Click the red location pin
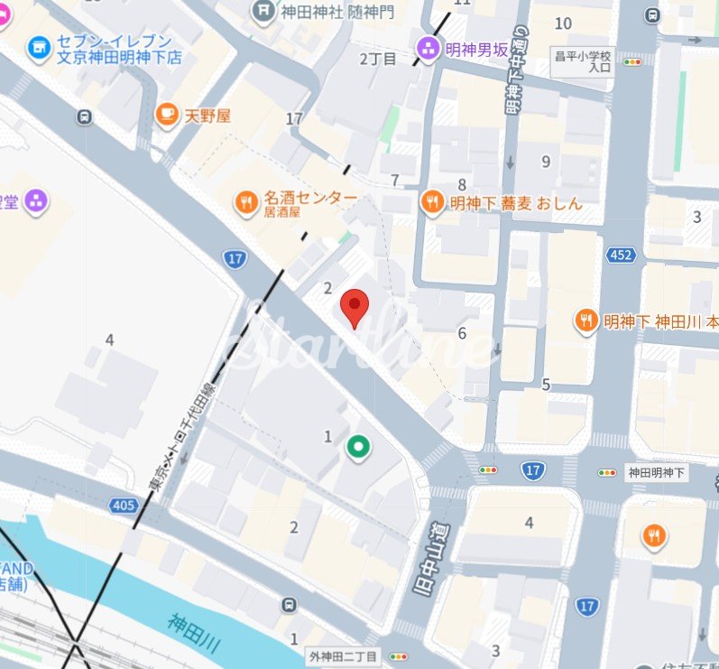point(355,307)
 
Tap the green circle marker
point(359,446)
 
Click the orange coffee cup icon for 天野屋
point(166,114)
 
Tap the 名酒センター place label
point(309,198)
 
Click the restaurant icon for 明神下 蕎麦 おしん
point(432,202)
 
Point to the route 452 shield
point(621,256)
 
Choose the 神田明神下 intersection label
point(657,471)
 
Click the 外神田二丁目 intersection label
point(342,656)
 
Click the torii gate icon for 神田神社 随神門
point(263,12)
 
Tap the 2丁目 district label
point(378,59)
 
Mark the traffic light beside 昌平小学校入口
point(632,62)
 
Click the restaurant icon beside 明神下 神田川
point(587,320)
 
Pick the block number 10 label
point(564,23)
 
